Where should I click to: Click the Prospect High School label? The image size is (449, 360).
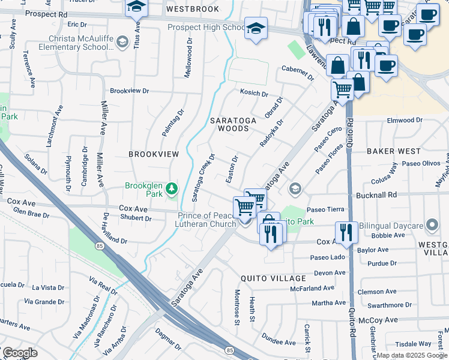coord(206,28)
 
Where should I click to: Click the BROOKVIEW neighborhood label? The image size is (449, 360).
coord(154,154)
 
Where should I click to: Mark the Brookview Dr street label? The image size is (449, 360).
coord(128,91)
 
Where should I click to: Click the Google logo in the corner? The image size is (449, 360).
coord(20,353)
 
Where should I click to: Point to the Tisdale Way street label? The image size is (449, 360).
coord(414,344)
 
